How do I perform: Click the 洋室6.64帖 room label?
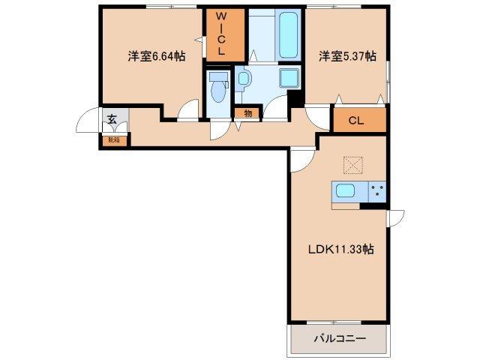click(156, 56)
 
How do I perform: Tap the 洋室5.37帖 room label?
click(346, 56)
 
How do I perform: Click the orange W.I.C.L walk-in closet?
click(223, 35)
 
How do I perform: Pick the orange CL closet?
click(357, 121)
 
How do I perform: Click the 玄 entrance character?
click(110, 118)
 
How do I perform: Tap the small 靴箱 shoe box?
click(114, 139)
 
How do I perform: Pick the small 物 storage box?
click(247, 113)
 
